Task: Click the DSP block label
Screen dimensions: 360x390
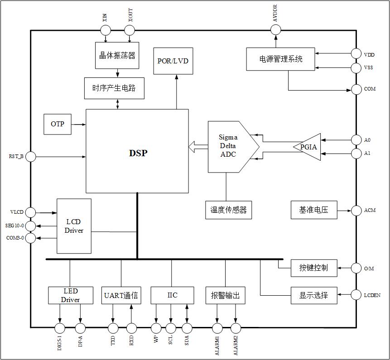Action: (138, 153)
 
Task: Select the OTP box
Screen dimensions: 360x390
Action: (57, 125)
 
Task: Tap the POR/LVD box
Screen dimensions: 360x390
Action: (173, 61)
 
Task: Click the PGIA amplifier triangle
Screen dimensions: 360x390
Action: (309, 147)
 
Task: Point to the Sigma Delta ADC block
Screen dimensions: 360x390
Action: (229, 147)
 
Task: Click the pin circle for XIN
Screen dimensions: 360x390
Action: (105, 30)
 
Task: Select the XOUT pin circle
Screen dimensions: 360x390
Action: (130, 30)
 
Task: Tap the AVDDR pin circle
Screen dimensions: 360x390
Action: (276, 30)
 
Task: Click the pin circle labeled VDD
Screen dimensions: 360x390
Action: (357, 54)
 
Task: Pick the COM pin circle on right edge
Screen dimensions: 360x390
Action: (357, 89)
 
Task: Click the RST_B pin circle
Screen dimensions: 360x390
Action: (31, 157)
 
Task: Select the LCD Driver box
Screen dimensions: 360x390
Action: (74, 226)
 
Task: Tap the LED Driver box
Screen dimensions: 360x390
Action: (70, 295)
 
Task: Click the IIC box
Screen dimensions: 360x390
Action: (172, 295)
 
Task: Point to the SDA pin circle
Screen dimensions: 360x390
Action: (187, 328)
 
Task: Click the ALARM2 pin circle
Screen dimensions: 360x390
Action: (236, 328)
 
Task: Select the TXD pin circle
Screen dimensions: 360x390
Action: (113, 328)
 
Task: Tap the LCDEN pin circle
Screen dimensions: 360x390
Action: (357, 295)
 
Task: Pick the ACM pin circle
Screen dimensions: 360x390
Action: (357, 211)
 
